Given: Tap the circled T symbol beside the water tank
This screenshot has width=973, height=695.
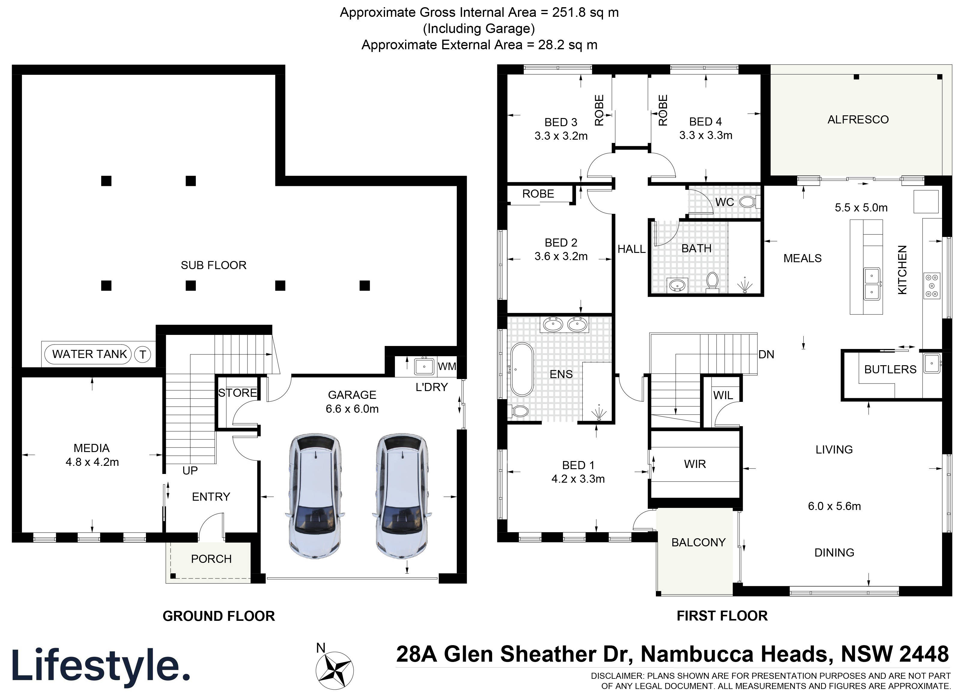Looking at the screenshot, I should pyautogui.click(x=142, y=354).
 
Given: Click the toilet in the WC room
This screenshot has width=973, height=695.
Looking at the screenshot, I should pyautogui.click(x=748, y=202).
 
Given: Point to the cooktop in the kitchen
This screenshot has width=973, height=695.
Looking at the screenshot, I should pyautogui.click(x=932, y=285).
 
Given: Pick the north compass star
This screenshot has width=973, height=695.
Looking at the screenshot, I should pyautogui.click(x=334, y=670).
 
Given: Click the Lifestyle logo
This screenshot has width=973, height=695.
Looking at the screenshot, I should pyautogui.click(x=101, y=666).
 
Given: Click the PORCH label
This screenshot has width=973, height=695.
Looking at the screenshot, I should pyautogui.click(x=211, y=559).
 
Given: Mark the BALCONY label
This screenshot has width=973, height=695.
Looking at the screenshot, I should pyautogui.click(x=698, y=543).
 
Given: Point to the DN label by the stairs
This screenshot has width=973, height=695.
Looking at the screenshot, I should pyautogui.click(x=766, y=354).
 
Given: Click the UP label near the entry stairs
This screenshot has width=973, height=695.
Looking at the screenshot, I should pyautogui.click(x=190, y=471).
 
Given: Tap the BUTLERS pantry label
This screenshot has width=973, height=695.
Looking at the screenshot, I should pyautogui.click(x=890, y=369).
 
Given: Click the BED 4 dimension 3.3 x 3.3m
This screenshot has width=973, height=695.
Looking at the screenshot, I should pyautogui.click(x=705, y=135).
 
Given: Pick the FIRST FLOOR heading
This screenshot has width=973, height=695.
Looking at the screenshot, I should pyautogui.click(x=722, y=616).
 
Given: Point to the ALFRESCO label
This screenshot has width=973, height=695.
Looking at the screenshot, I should pyautogui.click(x=858, y=120).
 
